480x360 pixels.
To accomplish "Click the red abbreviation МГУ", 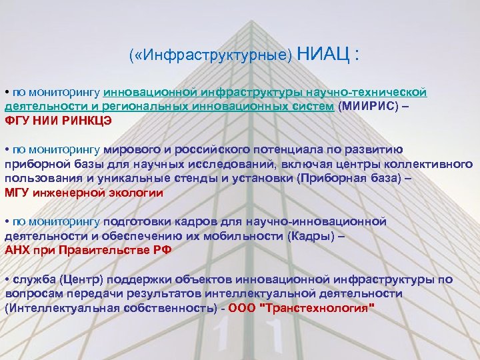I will click(x=17, y=193).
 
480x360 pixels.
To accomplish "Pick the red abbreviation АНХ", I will click(x=17, y=251).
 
